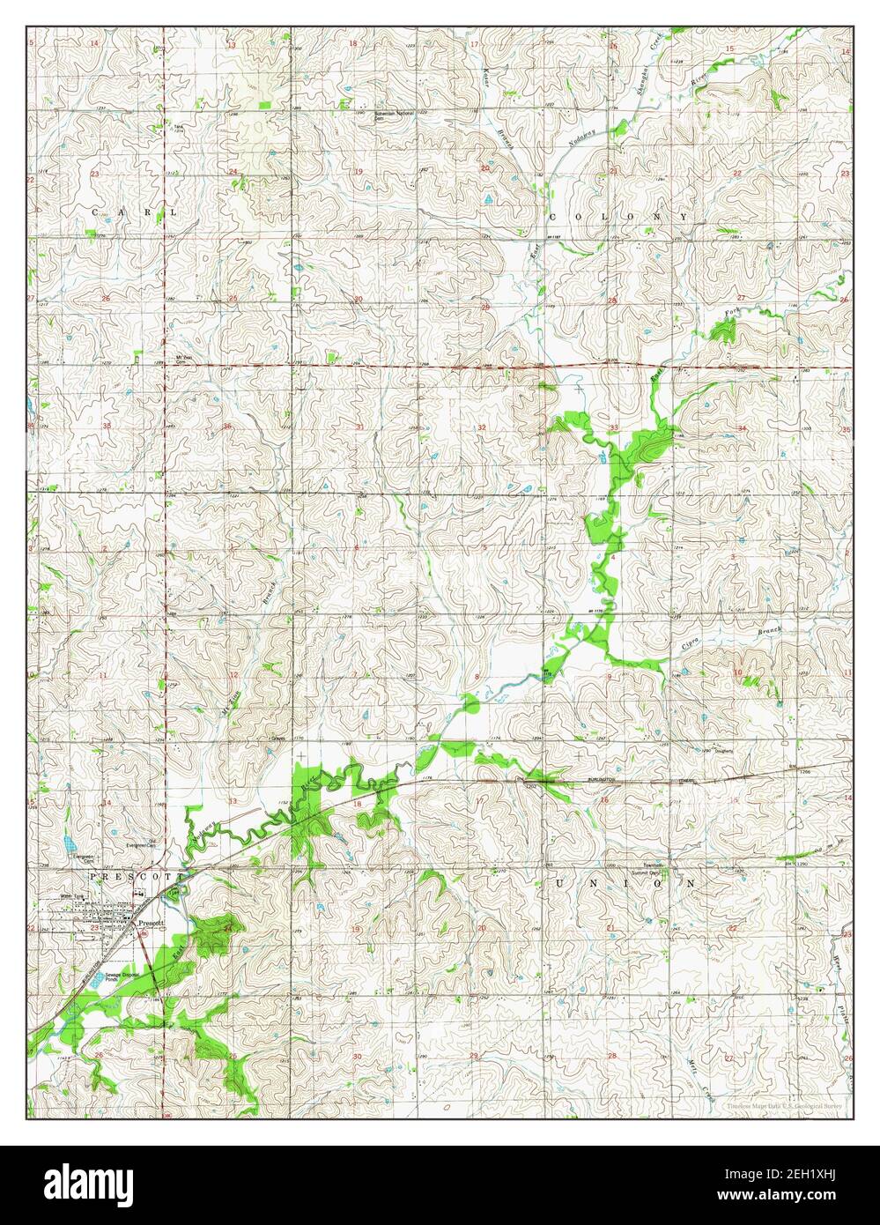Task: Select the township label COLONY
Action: [x=617, y=216]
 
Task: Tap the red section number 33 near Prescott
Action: [x=233, y=800]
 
